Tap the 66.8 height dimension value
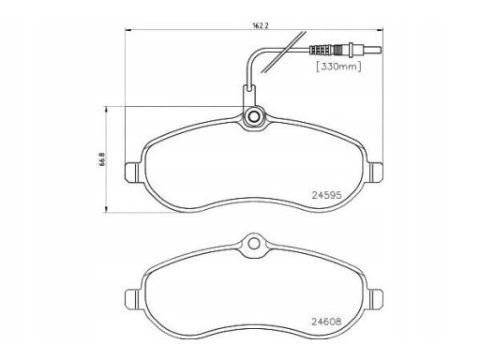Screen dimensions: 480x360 [103, 159]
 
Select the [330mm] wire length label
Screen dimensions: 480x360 [338, 67]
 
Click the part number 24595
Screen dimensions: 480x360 [327, 195]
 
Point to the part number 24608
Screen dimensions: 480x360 [326, 322]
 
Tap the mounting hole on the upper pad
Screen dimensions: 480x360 [254, 116]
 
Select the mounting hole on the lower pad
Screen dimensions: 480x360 [254, 244]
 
